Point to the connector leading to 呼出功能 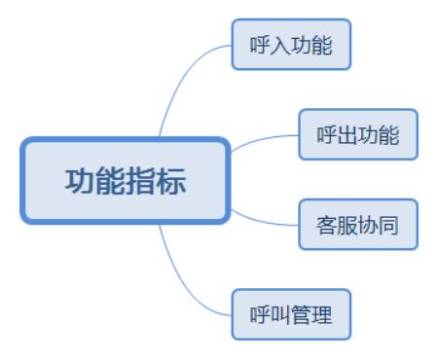pos(263,140)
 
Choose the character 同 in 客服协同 pos(389,226)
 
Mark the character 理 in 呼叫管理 pos(322,315)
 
